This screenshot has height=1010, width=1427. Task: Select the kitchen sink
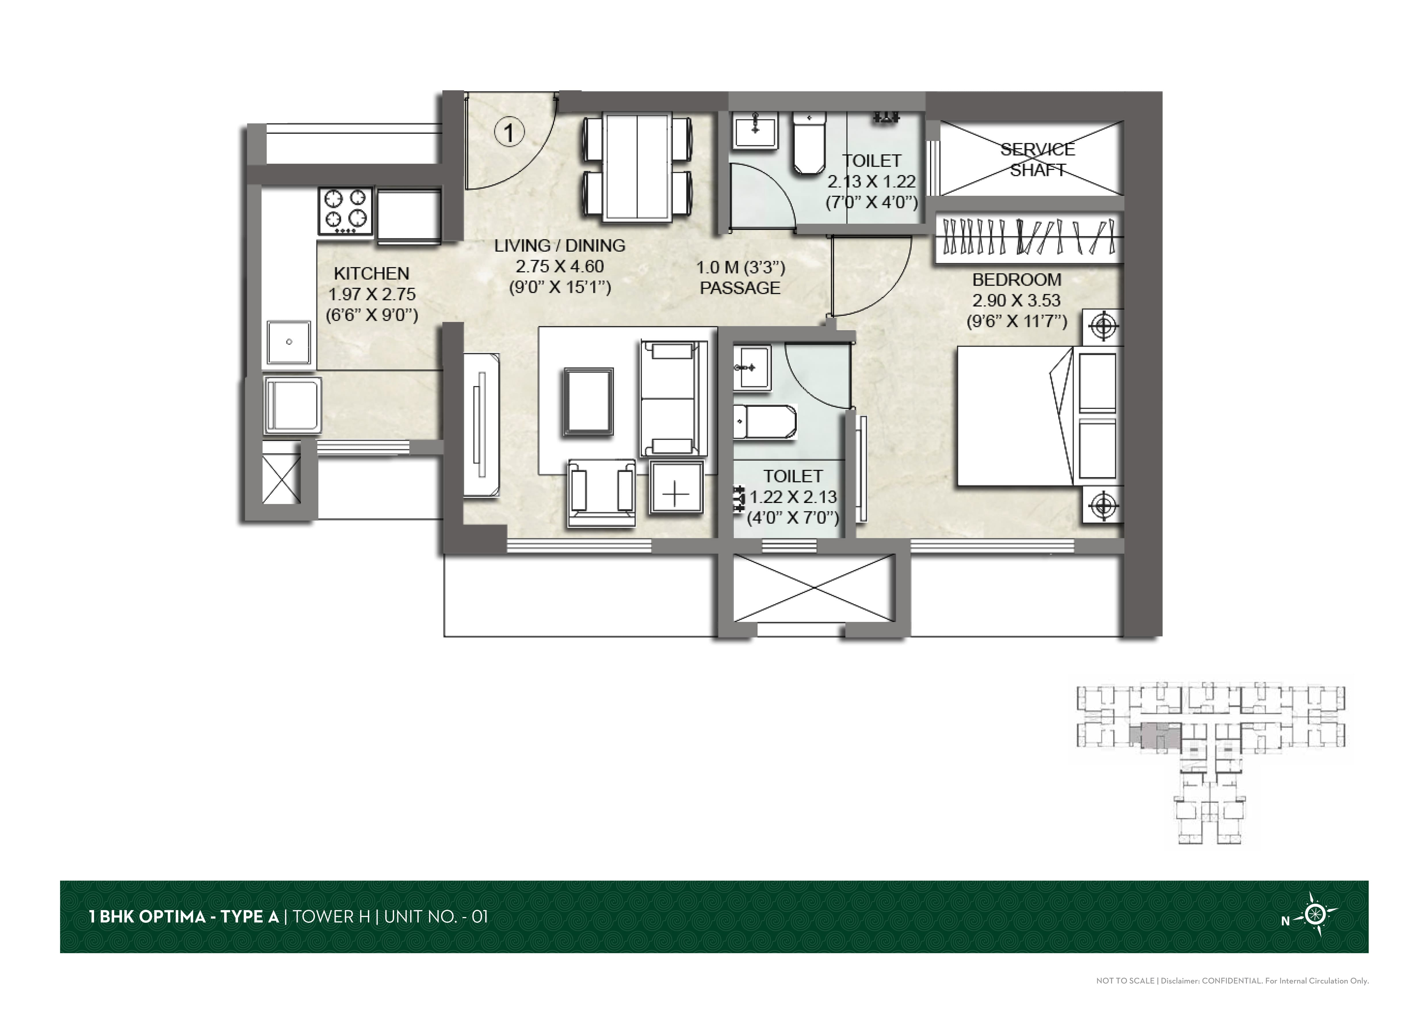[x=289, y=342]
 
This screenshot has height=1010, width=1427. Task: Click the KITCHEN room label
[x=372, y=274]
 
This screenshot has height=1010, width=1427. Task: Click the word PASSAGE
[x=740, y=288]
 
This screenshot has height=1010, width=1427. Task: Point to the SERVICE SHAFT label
[x=1037, y=159]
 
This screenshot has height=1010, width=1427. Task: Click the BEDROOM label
[x=1017, y=280]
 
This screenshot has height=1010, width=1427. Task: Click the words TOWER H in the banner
[x=331, y=917]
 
